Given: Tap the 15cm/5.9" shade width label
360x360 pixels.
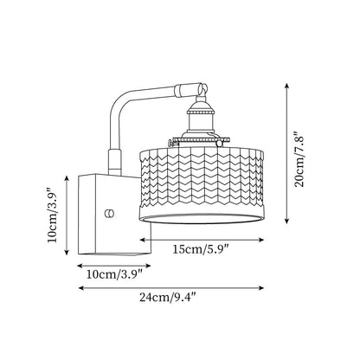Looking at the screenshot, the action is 201,249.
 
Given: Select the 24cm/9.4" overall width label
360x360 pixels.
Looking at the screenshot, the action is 168,297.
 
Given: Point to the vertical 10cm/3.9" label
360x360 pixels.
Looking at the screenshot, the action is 53,215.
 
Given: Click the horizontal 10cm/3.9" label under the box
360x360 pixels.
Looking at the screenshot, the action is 114,274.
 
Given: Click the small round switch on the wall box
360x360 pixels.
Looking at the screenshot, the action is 110,214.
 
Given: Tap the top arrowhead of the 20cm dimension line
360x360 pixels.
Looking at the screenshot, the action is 286,86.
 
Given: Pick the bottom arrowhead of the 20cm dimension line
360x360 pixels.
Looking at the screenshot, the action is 286,221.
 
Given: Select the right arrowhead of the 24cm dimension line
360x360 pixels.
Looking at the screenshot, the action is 261,288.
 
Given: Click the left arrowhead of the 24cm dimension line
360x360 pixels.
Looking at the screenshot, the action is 81,288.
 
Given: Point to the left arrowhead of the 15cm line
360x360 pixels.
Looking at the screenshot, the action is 143,240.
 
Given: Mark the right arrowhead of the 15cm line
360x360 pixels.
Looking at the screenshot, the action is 261,240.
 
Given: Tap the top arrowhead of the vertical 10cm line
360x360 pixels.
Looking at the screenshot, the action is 67,178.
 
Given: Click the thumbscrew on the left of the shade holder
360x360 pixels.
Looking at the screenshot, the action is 170,143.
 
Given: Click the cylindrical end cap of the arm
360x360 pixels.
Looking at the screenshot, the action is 188,89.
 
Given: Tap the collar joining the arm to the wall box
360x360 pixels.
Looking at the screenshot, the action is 114,162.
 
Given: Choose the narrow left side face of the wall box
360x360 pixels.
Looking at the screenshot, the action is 87,214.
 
